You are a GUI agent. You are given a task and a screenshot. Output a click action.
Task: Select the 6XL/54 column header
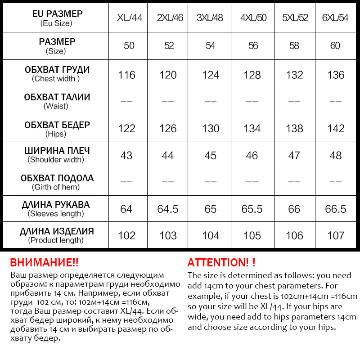[x=336, y=18]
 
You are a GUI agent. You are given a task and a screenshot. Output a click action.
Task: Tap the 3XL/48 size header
[x=210, y=18]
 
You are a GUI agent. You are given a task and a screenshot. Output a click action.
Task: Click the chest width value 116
[x=126, y=75]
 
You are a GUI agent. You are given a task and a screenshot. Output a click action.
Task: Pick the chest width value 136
[x=336, y=75]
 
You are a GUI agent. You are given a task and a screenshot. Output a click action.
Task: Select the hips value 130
[x=210, y=129]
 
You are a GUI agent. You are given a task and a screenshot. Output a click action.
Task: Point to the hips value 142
[x=336, y=129]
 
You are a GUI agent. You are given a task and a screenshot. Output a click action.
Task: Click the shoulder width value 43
[x=126, y=155]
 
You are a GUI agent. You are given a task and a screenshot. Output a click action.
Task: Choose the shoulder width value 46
[x=252, y=155]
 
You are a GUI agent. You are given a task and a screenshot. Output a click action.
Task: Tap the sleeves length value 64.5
[x=168, y=209]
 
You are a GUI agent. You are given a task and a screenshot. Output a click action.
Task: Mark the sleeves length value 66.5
[x=336, y=209]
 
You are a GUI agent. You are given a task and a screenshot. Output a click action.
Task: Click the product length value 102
[x=126, y=235]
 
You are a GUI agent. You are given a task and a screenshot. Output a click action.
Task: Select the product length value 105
[x=252, y=235]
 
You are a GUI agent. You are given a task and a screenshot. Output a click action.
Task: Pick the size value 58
[x=294, y=46]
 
